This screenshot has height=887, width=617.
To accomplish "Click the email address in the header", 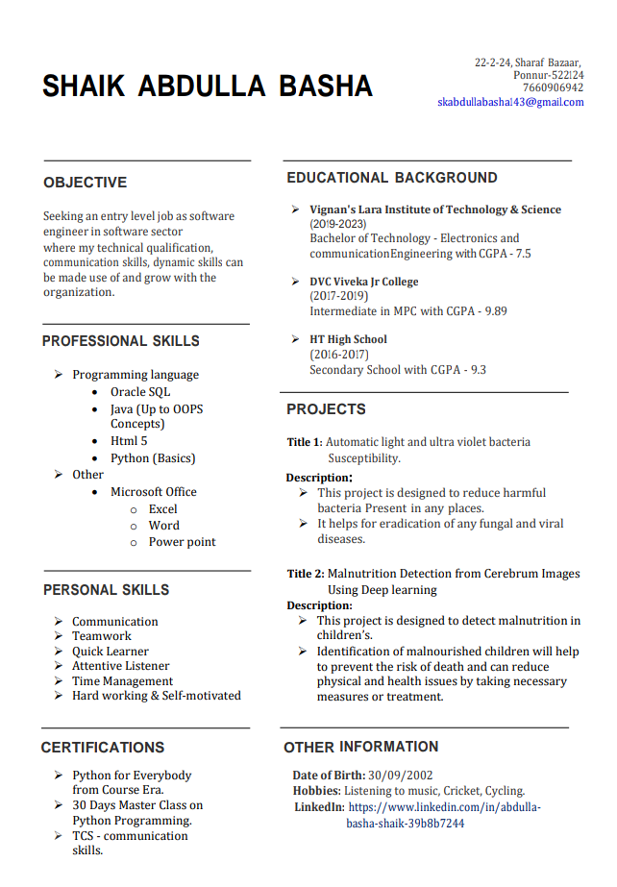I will pyautogui.click(x=510, y=102).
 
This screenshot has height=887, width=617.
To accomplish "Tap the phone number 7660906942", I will pyautogui.click(x=553, y=87).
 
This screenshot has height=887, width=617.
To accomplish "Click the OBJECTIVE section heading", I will pyautogui.click(x=85, y=183).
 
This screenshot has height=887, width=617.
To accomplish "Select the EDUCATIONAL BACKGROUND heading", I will pyautogui.click(x=392, y=178).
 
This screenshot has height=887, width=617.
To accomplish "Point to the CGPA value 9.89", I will pyautogui.click(x=496, y=311).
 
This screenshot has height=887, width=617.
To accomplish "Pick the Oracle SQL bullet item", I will pyautogui.click(x=139, y=392).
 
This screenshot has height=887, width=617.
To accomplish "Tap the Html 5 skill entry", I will pyautogui.click(x=129, y=441).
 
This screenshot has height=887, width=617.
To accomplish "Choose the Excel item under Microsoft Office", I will pyautogui.click(x=162, y=509).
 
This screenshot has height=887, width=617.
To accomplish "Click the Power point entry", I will pyautogui.click(x=182, y=542).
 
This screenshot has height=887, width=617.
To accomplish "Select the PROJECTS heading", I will pyautogui.click(x=326, y=409).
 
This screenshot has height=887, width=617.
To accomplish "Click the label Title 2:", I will pyautogui.click(x=305, y=574).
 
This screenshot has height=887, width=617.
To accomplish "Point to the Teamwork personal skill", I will pyautogui.click(x=102, y=636).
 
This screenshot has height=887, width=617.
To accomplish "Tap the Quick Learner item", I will pyautogui.click(x=111, y=651).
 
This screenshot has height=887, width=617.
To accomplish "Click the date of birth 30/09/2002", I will pyautogui.click(x=401, y=776).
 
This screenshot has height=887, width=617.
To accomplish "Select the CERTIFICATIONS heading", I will pyautogui.click(x=103, y=748).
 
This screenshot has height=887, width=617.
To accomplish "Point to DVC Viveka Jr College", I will pyautogui.click(x=363, y=282).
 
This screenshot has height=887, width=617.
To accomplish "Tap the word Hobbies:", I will pyautogui.click(x=317, y=791).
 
